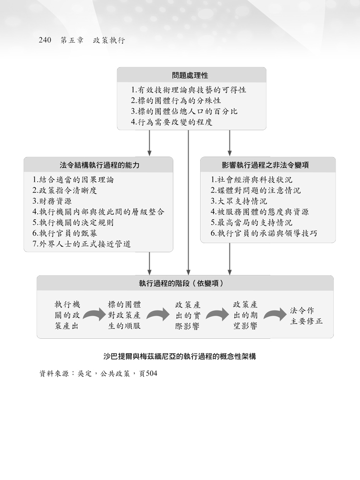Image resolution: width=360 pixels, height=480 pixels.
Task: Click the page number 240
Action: [x=45, y=40]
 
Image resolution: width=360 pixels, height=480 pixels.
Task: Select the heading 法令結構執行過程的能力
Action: [x=100, y=165]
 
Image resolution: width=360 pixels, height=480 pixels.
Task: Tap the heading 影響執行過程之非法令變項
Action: [x=265, y=165]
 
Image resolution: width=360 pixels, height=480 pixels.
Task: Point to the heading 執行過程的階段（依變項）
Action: [x=182, y=283]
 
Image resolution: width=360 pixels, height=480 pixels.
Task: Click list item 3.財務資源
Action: [x=52, y=201]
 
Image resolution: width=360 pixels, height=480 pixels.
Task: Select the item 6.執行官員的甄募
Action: [x=65, y=233]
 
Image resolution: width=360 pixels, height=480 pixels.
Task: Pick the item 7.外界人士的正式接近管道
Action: [x=82, y=244]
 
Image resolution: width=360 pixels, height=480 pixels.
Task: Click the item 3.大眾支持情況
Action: [x=239, y=201]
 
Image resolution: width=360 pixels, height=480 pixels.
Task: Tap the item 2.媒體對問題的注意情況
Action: [x=256, y=190]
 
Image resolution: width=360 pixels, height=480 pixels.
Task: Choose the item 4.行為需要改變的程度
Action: [x=171, y=122]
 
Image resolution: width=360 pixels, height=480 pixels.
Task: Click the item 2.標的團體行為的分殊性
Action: [x=176, y=101]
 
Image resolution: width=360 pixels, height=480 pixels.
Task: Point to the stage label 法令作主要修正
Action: [x=306, y=316]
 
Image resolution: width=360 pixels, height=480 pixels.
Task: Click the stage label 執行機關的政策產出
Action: [x=67, y=315]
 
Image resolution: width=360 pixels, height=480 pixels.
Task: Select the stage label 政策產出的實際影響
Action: [x=188, y=315]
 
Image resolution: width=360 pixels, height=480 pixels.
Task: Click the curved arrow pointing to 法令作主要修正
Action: [x=275, y=314]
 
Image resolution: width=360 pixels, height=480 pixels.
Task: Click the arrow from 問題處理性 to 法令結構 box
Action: [x=150, y=143]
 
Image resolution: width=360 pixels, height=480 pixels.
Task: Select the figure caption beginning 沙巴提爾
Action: [x=180, y=357]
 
